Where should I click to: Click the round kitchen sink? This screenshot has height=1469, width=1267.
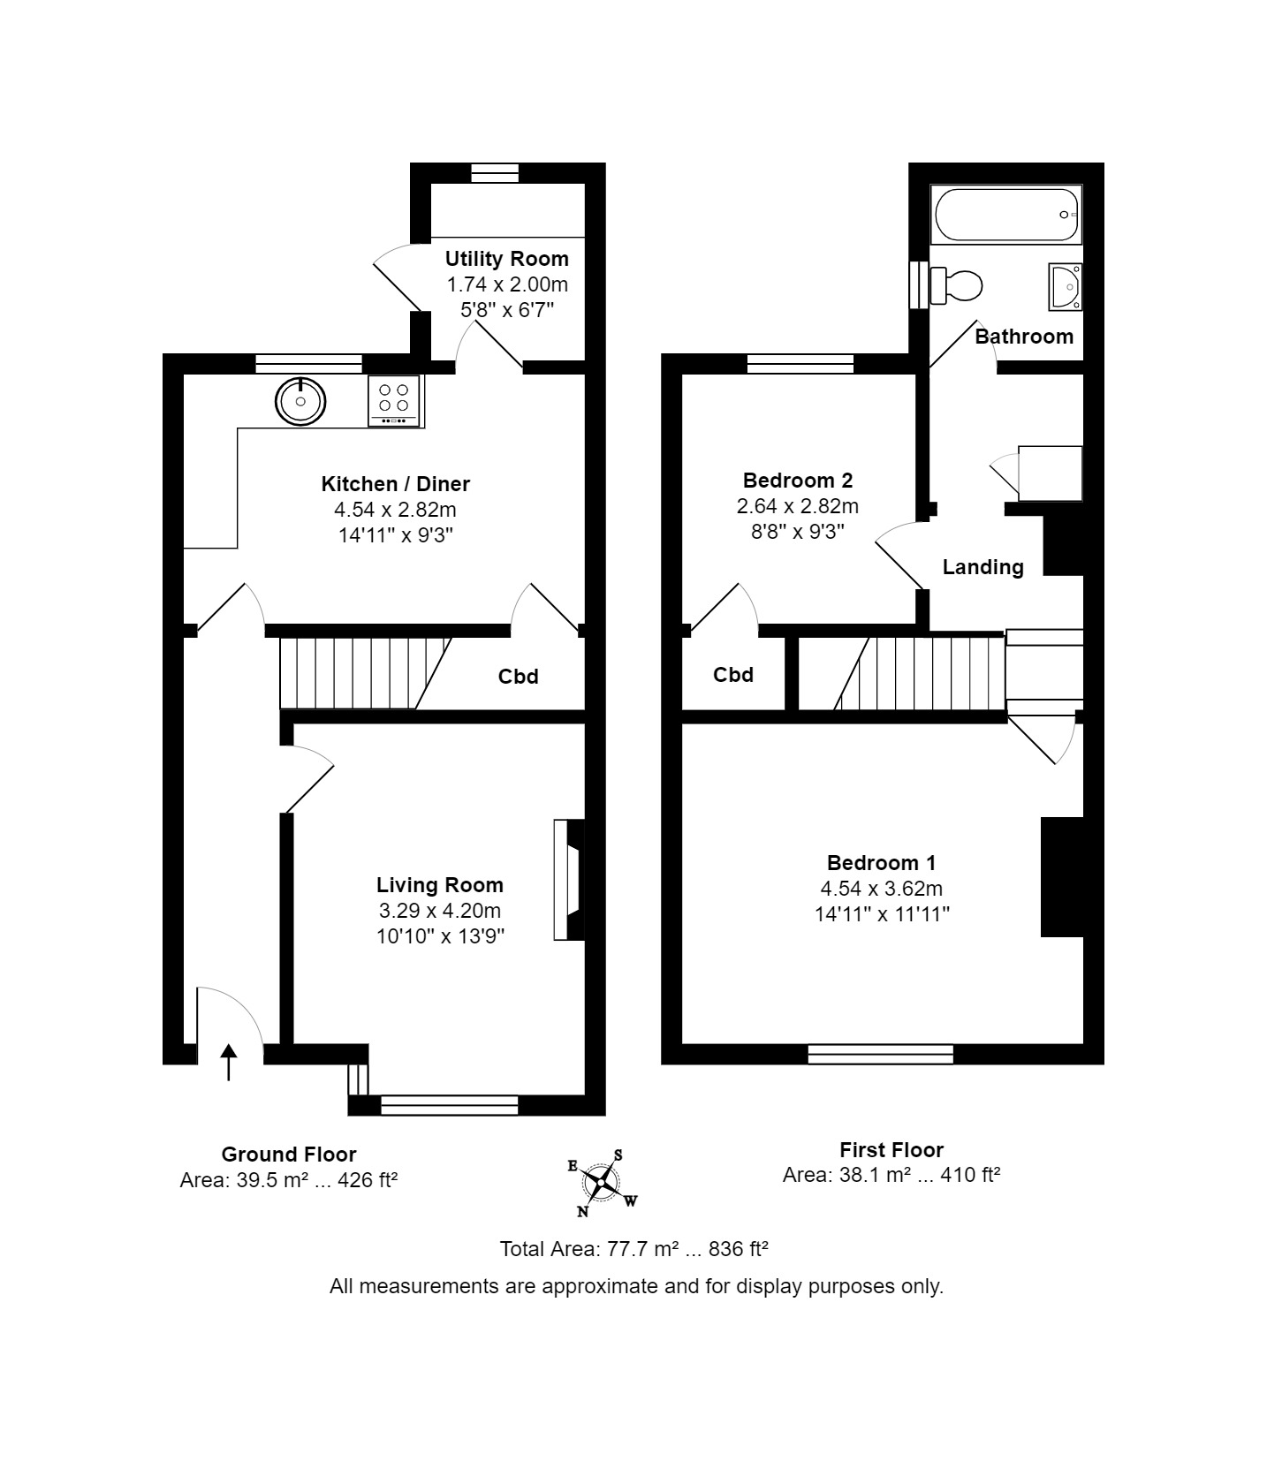pyautogui.click(x=301, y=402)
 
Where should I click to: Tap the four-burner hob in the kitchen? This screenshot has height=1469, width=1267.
pyautogui.click(x=394, y=401)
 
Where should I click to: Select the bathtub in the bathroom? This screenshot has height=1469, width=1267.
pyautogui.click(x=1005, y=215)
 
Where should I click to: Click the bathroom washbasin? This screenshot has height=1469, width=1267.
pyautogui.click(x=1065, y=286)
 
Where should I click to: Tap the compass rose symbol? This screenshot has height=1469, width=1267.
pyautogui.click(x=603, y=1182)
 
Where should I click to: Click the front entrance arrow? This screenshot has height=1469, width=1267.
pyautogui.click(x=229, y=1062)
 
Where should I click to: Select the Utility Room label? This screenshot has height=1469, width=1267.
pyautogui.click(x=506, y=259)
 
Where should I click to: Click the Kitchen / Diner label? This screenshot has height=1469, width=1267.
pyautogui.click(x=395, y=484)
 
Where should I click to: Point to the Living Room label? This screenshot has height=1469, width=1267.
pyautogui.click(x=439, y=885)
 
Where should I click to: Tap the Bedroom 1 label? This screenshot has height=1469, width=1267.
pyautogui.click(x=881, y=863)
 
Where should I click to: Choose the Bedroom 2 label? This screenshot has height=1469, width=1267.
pyautogui.click(x=798, y=481)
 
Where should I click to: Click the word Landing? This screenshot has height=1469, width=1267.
pyautogui.click(x=982, y=567)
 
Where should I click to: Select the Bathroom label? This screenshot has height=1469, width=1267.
pyautogui.click(x=1024, y=337)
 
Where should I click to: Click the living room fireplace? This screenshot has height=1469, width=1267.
pyautogui.click(x=569, y=880)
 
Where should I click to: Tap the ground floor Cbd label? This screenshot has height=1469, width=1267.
pyautogui.click(x=518, y=677)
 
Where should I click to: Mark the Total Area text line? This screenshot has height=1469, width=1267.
pyautogui.click(x=633, y=1249)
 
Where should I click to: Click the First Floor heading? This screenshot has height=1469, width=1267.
pyautogui.click(x=891, y=1150)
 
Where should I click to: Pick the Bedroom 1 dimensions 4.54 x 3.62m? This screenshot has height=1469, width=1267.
pyautogui.click(x=881, y=889)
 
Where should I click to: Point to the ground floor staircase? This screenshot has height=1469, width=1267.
pyautogui.click(x=366, y=673)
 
